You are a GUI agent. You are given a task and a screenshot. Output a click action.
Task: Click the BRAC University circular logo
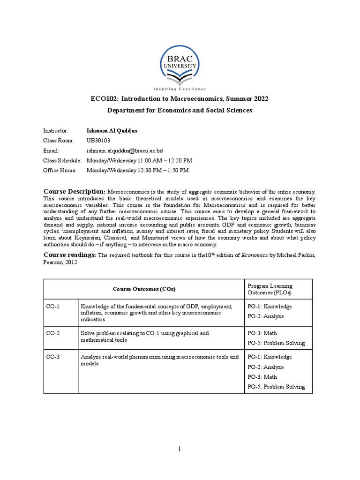pyautogui.click(x=180, y=64)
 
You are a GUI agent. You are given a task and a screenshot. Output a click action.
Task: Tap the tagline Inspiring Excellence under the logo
pyautogui.click(x=180, y=89)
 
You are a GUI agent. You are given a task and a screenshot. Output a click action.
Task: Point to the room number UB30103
pyautogui.click(x=98, y=140)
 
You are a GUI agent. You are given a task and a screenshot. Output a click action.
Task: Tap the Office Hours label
pyautogui.click(x=60, y=170)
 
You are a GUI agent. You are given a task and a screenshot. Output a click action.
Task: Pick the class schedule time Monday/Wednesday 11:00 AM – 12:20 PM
pyautogui.click(x=140, y=160)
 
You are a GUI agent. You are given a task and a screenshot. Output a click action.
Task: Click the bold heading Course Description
pyautogui.click(x=75, y=191)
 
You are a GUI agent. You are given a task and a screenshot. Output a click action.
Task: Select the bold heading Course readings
pyautogui.click(x=70, y=255)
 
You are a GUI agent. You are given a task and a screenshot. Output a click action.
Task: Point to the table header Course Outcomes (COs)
pyautogui.click(x=144, y=289)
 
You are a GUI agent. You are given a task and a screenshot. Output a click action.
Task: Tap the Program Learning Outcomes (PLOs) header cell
pyautogui.click(x=270, y=289)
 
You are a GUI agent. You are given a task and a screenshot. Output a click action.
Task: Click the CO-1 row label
pyautogui.click(x=52, y=307)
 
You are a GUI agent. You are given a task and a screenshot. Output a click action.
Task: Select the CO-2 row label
pyautogui.click(x=52, y=333)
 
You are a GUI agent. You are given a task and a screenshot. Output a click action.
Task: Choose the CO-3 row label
pyautogui.click(x=52, y=357)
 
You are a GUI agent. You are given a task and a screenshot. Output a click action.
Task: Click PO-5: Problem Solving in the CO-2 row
pyautogui.click(x=276, y=343)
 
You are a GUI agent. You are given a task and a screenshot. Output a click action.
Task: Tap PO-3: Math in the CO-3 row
pyautogui.click(x=262, y=377)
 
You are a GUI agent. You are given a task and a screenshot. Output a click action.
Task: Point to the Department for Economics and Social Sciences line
pyautogui.click(x=180, y=110)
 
